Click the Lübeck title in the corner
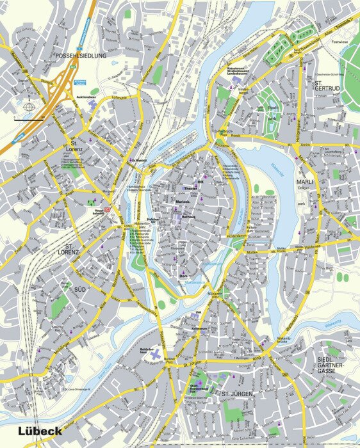(40, 431)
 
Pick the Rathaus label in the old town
(188, 217)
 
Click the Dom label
(182, 276)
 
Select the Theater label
(191, 189)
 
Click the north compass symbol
(29, 107)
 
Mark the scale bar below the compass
(29, 119)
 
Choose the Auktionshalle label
(86, 97)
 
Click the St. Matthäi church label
(138, 160)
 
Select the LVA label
(197, 314)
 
